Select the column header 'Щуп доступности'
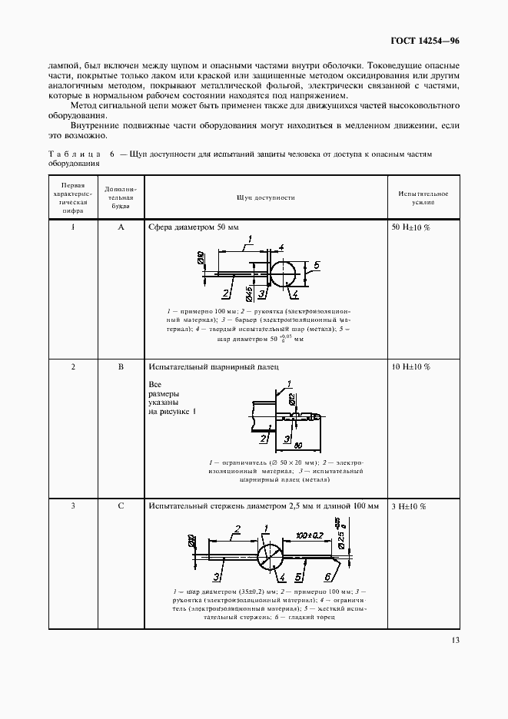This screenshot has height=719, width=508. [266, 197]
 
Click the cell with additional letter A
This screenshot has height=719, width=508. [121, 228]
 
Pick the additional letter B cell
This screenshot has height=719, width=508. [121, 367]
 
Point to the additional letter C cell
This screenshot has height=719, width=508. [121, 506]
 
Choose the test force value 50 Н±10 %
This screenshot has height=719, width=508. [411, 228]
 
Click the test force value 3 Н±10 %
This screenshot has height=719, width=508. [410, 506]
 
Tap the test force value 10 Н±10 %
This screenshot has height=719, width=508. [411, 367]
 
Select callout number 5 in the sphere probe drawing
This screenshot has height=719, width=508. [316, 265]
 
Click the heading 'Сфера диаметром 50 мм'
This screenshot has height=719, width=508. [194, 228]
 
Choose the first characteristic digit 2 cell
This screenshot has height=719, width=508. [73, 367]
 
